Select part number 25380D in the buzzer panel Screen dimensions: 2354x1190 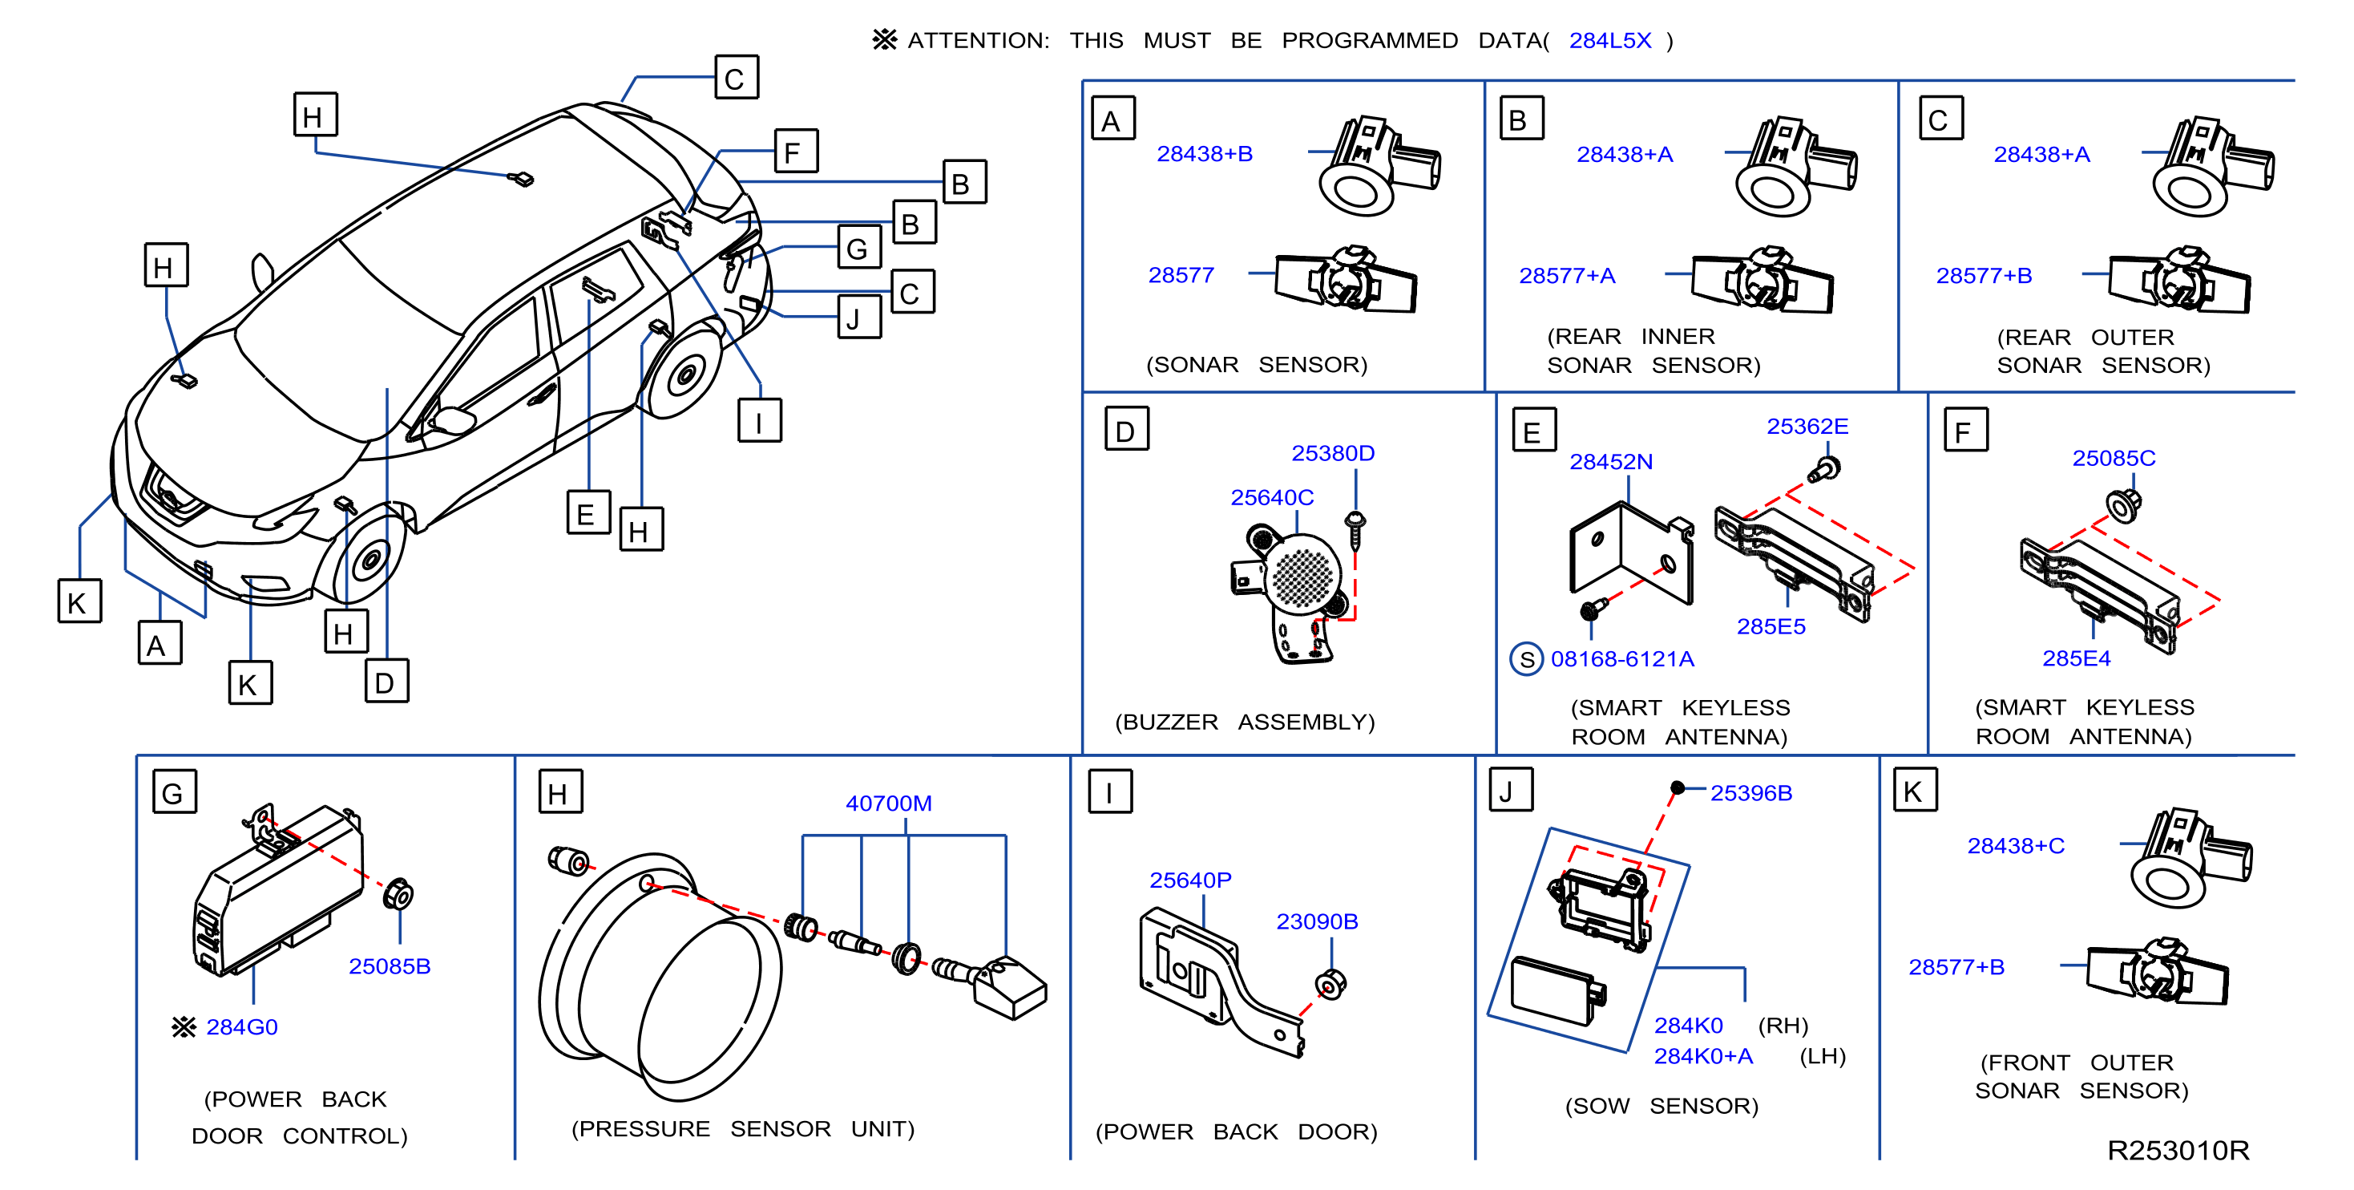click(1332, 453)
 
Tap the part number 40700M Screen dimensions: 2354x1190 click(888, 803)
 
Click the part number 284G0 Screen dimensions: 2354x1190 click(241, 1027)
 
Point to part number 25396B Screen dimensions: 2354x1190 click(1751, 793)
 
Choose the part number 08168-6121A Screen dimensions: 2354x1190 click(1622, 659)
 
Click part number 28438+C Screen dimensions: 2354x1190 click(2015, 846)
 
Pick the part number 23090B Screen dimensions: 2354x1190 click(1317, 921)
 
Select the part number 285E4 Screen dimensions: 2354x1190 click(2076, 658)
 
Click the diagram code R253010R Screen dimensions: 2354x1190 click(2178, 1151)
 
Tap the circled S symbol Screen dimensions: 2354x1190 click(1527, 659)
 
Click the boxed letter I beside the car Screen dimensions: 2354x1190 click(759, 420)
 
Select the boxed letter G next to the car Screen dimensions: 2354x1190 click(859, 247)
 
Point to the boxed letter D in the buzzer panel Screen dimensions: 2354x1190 click(1127, 430)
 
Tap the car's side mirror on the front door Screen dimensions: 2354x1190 click(454, 420)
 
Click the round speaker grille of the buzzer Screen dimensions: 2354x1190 click(1304, 576)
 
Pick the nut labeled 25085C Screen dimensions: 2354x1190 click(2123, 504)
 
